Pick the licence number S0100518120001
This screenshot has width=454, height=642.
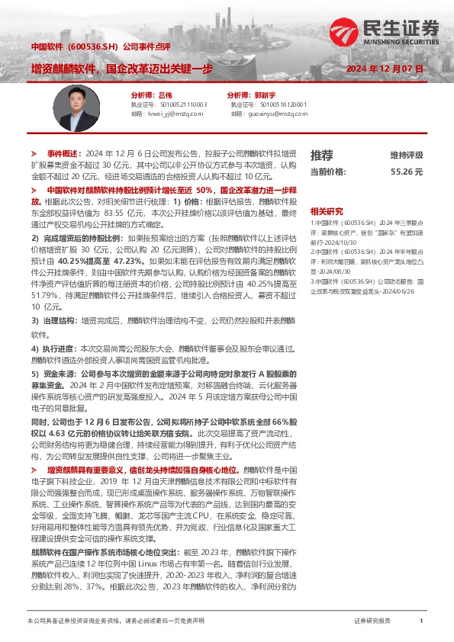[282, 104]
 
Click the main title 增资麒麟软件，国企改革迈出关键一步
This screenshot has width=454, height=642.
[122, 69]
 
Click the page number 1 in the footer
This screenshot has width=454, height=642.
[421, 621]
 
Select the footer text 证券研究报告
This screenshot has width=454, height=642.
[372, 621]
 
